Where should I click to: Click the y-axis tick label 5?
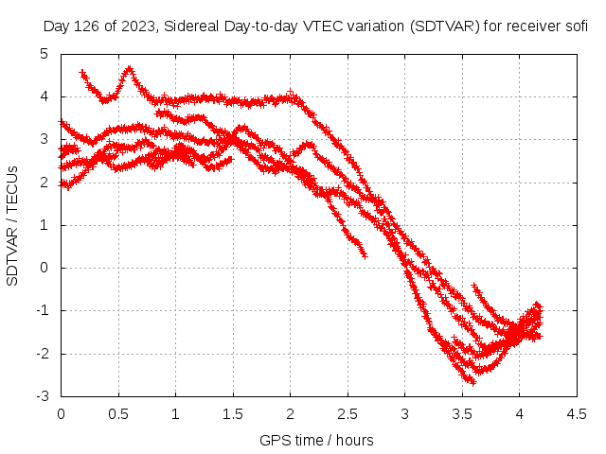coord(44,54)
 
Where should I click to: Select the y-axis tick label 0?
coord(44,268)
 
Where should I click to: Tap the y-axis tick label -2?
coord(42,354)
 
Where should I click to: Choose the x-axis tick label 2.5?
coord(348,413)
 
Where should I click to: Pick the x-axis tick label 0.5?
coord(118,413)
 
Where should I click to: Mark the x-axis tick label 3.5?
coord(462,413)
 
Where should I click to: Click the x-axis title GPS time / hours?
coord(316,440)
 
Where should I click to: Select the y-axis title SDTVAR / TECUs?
coord(13,225)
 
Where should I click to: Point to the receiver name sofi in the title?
coord(576,26)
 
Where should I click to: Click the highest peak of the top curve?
coord(129,69)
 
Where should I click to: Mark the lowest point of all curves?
coord(472,381)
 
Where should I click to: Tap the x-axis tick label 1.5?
coord(233,413)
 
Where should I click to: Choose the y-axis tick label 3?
coord(44,139)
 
